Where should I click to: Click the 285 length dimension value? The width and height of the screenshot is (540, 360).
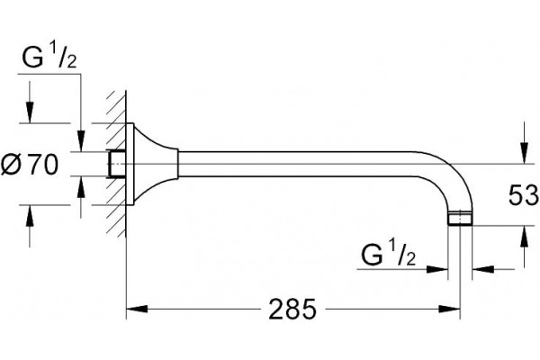click(x=292, y=309)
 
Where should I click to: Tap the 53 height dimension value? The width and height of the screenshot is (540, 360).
click(x=523, y=195)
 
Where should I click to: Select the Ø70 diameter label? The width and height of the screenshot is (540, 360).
click(x=30, y=165)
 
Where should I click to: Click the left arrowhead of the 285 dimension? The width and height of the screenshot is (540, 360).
click(x=137, y=309)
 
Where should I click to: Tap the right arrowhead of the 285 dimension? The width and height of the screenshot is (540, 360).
click(x=449, y=309)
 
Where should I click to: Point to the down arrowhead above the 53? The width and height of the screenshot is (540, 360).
click(x=524, y=153)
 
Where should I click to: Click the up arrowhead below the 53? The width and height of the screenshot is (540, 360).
click(x=524, y=237)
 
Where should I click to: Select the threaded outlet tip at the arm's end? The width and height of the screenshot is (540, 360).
click(x=460, y=218)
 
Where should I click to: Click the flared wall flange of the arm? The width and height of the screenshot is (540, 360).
click(x=152, y=164)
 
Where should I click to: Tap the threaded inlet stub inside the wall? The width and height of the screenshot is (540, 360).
click(x=116, y=164)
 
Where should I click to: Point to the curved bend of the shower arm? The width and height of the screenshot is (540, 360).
click(x=454, y=172)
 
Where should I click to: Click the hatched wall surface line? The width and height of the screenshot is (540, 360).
click(x=126, y=164)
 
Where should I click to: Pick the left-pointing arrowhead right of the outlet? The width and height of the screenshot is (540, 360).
click(x=483, y=269)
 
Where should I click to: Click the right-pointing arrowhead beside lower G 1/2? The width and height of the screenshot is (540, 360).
click(x=436, y=269)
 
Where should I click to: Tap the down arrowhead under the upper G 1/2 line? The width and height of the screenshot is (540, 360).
click(x=81, y=140)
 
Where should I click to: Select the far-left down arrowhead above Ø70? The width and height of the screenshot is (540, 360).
click(x=30, y=112)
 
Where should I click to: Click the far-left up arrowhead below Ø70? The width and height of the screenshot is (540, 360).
click(x=30, y=216)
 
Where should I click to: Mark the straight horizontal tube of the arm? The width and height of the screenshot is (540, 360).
click(x=296, y=164)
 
